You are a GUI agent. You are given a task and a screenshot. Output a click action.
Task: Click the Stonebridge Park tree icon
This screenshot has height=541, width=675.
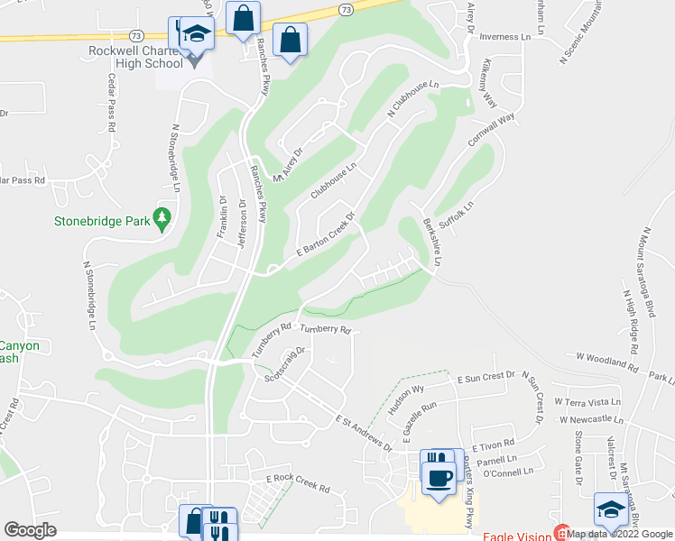162,217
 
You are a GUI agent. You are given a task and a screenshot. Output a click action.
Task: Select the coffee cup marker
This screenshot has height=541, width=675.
439,477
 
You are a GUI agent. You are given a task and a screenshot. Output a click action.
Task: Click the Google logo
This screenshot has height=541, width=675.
30,530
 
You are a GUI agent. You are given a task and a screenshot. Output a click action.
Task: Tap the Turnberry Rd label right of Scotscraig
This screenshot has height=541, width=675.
325,330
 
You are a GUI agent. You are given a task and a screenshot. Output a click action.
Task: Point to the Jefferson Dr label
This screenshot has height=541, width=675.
242,217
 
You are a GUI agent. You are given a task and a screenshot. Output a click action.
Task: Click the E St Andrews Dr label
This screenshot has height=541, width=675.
365,433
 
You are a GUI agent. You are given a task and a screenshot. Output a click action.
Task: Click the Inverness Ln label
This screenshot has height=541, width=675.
504,37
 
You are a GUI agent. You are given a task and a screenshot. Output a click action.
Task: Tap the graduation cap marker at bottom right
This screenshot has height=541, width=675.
610,510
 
